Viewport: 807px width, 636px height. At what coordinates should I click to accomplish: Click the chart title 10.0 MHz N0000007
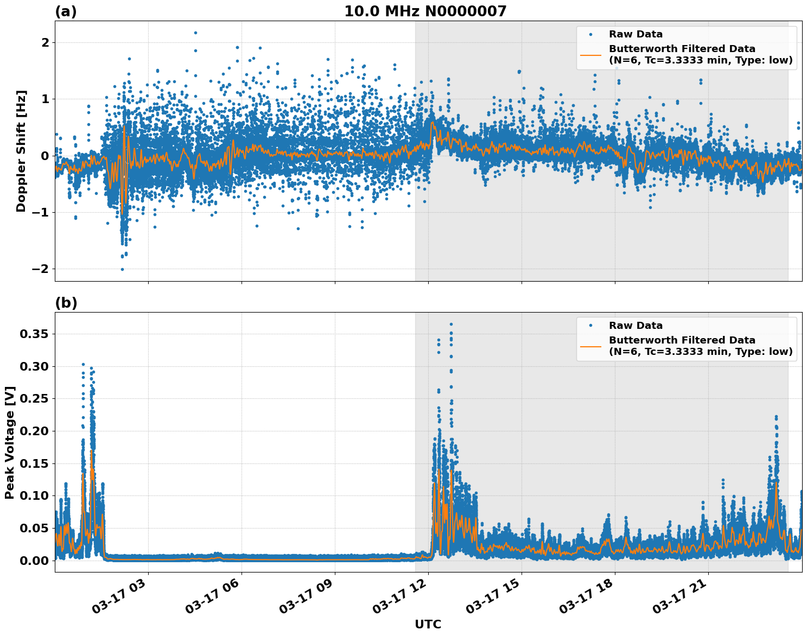click(x=425, y=11)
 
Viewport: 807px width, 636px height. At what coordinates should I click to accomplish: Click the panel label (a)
click(x=66, y=11)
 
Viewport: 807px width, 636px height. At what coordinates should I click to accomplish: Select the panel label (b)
click(x=66, y=303)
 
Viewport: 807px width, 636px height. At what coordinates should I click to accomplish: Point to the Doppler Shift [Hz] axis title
click(x=21, y=151)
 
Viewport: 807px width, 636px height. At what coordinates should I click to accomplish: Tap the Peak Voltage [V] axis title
click(x=10, y=442)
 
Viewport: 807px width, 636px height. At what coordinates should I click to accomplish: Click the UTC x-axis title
click(x=428, y=624)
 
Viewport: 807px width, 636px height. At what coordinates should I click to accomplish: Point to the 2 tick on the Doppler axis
click(x=45, y=42)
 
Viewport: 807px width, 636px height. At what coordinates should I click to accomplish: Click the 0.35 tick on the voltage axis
click(x=34, y=334)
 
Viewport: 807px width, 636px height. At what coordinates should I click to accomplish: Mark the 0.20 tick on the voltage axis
click(x=34, y=431)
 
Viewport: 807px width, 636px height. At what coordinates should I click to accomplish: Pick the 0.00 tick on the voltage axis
click(x=34, y=560)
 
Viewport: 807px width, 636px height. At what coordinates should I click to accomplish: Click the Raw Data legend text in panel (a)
click(x=636, y=34)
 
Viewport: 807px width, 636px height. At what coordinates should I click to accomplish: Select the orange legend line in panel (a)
click(x=590, y=55)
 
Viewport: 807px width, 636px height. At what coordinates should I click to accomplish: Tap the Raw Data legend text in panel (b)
click(x=636, y=326)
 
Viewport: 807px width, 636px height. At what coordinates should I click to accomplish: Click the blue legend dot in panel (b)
click(x=590, y=326)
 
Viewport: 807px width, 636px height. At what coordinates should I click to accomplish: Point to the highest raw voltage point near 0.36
click(x=451, y=324)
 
